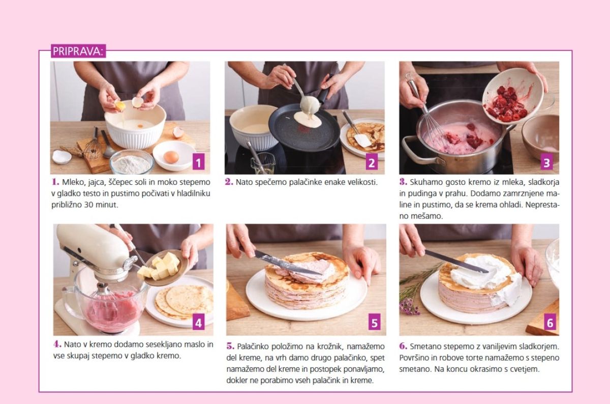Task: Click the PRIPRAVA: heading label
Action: pos(78,51)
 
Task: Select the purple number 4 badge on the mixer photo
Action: pos(198,322)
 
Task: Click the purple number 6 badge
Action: pos(550,322)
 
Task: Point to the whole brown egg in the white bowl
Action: pos(171,157)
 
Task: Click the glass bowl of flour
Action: pos(132,162)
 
